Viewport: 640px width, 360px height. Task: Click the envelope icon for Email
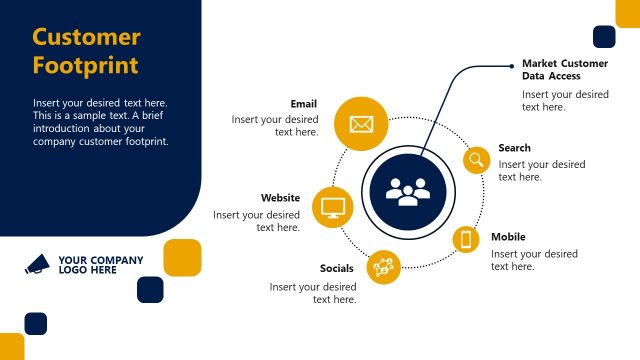tap(361, 125)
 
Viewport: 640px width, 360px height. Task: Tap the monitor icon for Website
tap(333, 208)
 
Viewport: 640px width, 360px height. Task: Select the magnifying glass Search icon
tap(476, 159)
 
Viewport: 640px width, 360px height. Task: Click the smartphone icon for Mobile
tap(466, 239)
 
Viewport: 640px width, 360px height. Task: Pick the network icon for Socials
tap(384, 266)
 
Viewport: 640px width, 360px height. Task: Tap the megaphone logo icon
tap(37, 264)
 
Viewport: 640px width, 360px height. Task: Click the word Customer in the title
tap(86, 38)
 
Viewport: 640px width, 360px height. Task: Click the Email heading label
tap(304, 104)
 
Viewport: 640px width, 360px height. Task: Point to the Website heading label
tap(281, 198)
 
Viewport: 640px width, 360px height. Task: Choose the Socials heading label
tap(337, 268)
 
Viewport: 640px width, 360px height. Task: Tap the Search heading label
tap(515, 148)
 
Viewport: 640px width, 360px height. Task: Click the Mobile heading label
tap(508, 238)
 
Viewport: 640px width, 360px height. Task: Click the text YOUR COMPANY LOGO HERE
tap(100, 265)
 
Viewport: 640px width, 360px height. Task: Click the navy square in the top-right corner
tap(604, 37)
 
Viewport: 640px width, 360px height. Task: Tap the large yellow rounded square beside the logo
tap(182, 257)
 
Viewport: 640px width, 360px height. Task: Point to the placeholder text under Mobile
tap(534, 260)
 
